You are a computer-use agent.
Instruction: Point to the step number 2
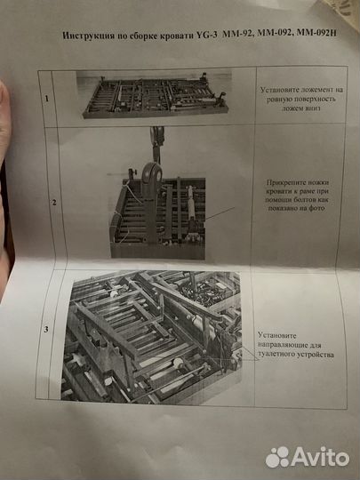click(x=54, y=204)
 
